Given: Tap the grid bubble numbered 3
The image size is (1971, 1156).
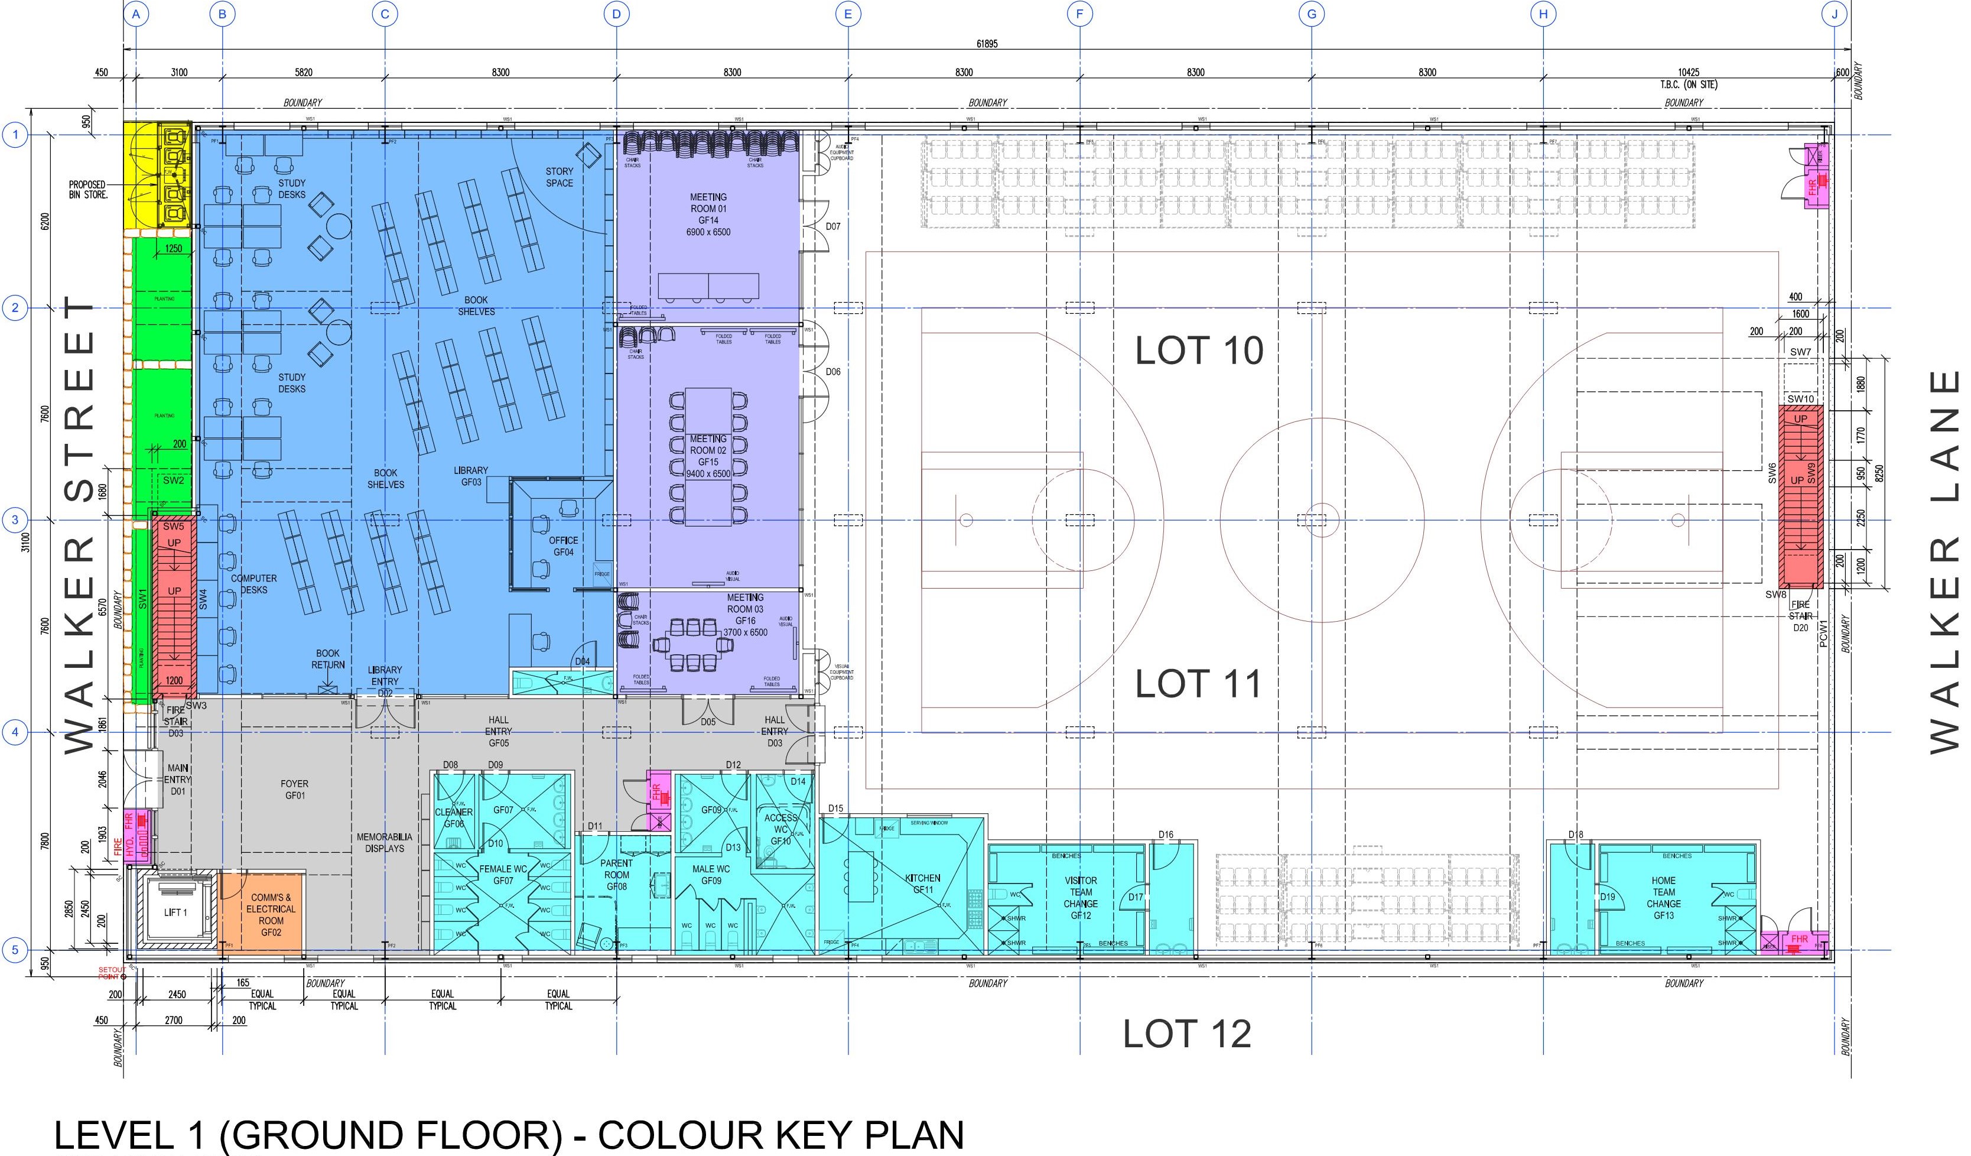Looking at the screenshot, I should [14, 520].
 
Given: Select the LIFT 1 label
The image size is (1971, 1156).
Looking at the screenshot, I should [175, 913].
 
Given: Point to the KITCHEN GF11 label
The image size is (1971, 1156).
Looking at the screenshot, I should [923, 884].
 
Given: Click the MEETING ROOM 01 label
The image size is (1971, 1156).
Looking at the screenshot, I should [708, 215].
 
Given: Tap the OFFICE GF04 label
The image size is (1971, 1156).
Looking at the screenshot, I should [563, 546].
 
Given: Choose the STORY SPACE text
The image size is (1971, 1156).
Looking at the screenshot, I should [560, 177].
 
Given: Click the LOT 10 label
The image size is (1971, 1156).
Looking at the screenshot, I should [1198, 351].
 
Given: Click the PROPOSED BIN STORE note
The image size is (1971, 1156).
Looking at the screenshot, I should [87, 189].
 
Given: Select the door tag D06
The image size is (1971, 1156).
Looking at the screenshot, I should [833, 372].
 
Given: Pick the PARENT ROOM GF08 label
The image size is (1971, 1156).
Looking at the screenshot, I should [616, 875].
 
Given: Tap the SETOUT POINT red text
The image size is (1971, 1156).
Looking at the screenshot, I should [110, 973].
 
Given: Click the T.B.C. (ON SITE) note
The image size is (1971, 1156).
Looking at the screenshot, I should [1689, 85].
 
